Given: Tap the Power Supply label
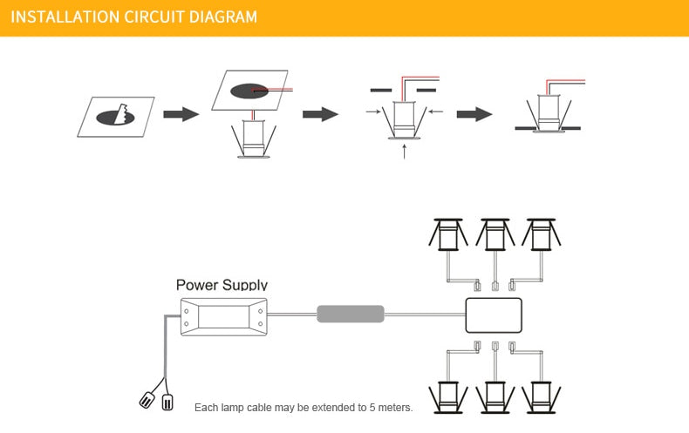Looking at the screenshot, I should coord(222,285).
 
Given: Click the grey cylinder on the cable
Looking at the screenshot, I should coord(350,314).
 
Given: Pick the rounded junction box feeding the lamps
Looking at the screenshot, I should coord(494,315).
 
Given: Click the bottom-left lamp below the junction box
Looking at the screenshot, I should coord(447,396).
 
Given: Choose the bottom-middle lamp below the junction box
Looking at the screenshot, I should coord(495,396).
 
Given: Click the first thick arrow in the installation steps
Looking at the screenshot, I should coord(181,114).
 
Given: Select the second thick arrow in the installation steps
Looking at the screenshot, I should coord(320,114).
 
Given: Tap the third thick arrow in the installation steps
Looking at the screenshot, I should coord(474,114).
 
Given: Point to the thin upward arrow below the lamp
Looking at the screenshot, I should coord(404,152).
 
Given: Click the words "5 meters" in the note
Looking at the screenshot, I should coord(389,408).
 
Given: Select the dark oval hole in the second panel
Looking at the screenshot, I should coord(249,91).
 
